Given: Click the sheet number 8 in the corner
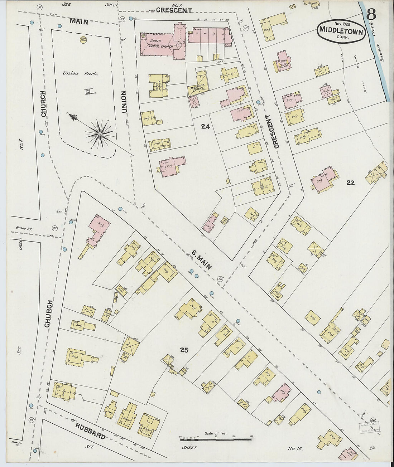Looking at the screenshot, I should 371,15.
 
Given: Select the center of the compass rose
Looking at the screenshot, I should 100,134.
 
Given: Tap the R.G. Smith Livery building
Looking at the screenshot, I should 197,87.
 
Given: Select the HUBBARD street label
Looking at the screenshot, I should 90,431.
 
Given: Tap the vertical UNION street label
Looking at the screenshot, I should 124,102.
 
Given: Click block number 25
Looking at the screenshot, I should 184,350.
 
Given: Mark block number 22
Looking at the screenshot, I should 350,183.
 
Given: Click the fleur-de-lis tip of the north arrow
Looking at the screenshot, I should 73,116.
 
